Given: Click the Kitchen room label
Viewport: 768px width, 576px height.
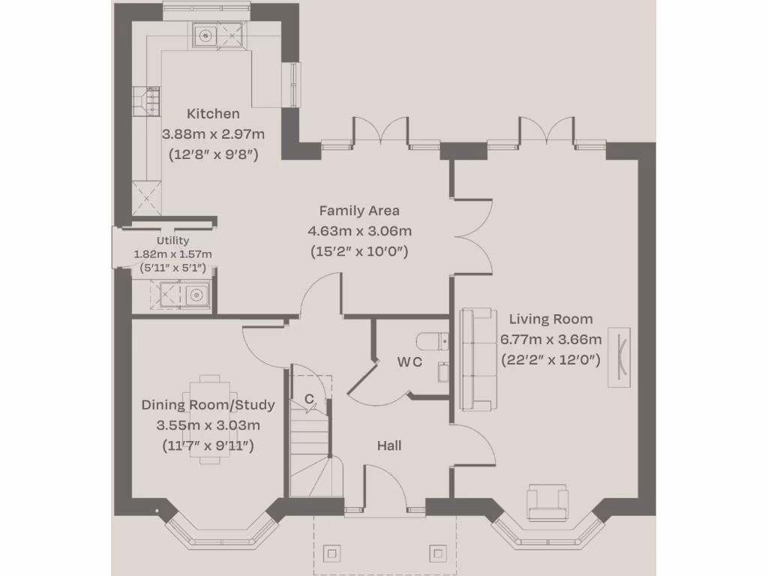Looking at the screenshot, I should pos(213,114).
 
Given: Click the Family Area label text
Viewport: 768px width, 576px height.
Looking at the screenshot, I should pos(359,211).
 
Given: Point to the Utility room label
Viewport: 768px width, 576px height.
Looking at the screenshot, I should pos(172,241).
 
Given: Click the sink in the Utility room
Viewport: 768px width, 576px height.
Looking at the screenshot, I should pos(196,293).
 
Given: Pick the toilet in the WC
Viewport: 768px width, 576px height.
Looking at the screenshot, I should pos(433,341).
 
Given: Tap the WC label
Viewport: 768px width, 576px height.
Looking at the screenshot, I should pos(409,361).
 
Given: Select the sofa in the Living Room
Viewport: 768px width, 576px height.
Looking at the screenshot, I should pos(478,359).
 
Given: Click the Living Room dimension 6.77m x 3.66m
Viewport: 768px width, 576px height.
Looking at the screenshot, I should pos(550,339).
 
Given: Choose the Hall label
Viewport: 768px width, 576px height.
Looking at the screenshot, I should pos(389,445).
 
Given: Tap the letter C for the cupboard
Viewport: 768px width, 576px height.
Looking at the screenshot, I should pos(308,400).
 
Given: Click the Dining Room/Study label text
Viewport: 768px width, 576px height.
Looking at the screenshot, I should pos(208,405).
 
